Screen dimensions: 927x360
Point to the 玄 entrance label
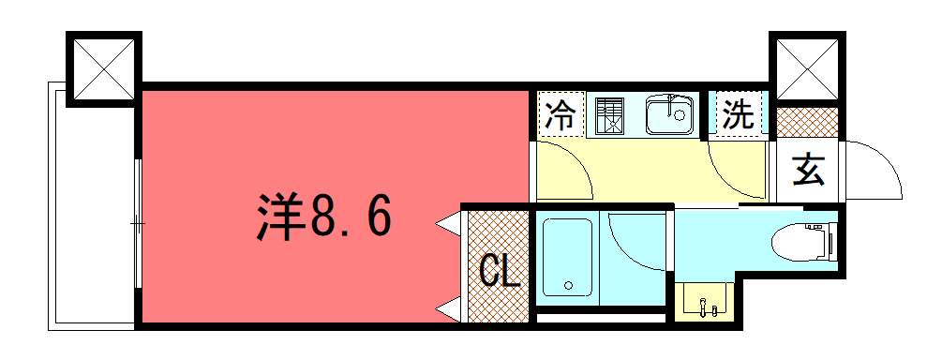[808, 170]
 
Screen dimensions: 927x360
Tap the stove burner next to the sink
[608, 114]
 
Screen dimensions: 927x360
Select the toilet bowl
[805, 241]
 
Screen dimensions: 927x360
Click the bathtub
[568, 258]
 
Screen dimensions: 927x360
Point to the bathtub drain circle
[568, 286]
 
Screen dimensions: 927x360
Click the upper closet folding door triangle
[447, 224]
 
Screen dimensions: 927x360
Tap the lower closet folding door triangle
[447, 308]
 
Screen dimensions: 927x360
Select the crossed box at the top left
[104, 69]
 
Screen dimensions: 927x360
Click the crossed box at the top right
[807, 69]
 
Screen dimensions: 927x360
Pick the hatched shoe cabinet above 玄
[807, 123]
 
